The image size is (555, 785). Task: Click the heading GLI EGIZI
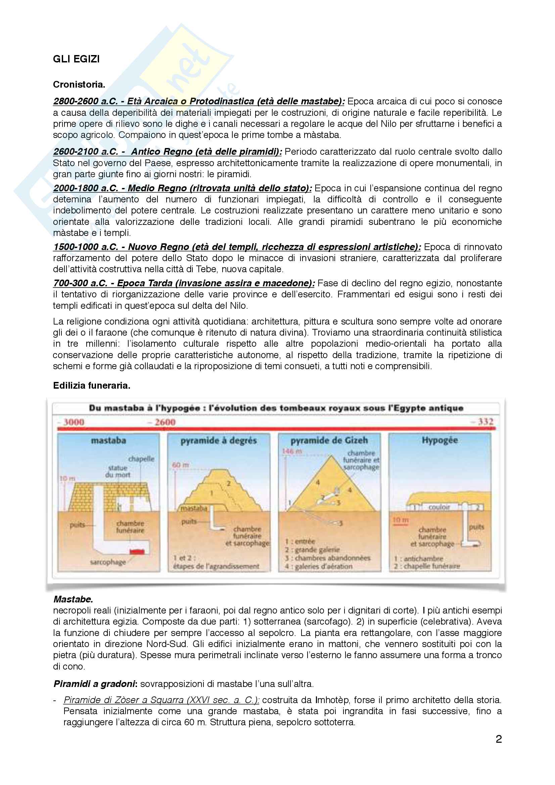pos(76,59)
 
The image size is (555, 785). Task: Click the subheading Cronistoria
pos(79,85)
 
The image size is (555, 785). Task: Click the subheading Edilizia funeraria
pos(92,386)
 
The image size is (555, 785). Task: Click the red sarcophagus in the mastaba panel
pos(137,551)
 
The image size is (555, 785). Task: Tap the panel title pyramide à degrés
pos(219,441)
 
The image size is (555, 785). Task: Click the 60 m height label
pos(181,465)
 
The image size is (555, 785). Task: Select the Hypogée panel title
pos(440,440)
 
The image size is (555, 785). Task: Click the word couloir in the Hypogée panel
pos(439,507)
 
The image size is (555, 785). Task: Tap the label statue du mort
pos(118,471)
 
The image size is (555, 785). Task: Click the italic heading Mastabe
pos(73,599)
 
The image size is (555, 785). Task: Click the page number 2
pos(499,739)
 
